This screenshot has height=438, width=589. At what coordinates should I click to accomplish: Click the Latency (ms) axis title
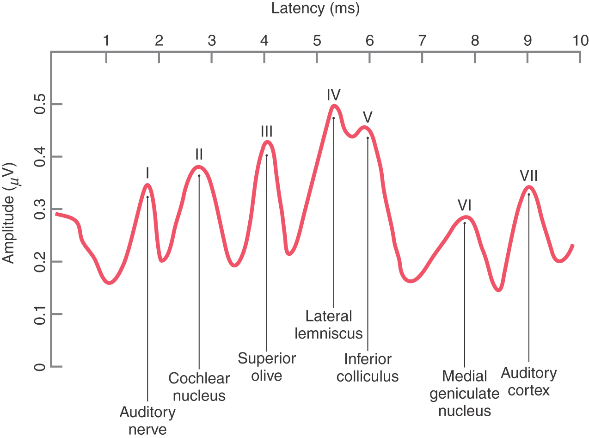[315, 8]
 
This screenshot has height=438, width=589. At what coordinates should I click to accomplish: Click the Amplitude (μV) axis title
[9, 213]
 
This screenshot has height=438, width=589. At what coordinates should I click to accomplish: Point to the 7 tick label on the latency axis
[422, 41]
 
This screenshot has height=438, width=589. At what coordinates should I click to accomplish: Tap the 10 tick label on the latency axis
[578, 41]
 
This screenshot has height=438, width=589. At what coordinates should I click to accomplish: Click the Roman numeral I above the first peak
[147, 173]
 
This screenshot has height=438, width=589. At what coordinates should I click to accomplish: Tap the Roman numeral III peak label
[266, 131]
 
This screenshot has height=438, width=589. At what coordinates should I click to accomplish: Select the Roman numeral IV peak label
[333, 95]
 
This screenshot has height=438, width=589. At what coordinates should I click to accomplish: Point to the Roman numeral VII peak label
[528, 176]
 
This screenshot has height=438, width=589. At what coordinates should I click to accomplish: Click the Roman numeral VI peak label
[464, 205]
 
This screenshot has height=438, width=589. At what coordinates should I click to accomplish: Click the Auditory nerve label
[147, 420]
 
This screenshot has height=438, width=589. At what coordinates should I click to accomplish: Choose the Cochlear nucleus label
[199, 387]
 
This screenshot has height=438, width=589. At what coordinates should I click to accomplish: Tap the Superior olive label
[267, 366]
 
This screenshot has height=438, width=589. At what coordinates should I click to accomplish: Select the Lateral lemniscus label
[329, 325]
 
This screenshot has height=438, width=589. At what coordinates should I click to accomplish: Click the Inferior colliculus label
[368, 367]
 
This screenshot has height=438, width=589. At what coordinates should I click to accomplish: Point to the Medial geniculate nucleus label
[464, 393]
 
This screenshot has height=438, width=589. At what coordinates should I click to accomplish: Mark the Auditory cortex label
[528, 381]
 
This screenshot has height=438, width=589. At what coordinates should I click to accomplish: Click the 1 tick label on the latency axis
[106, 41]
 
